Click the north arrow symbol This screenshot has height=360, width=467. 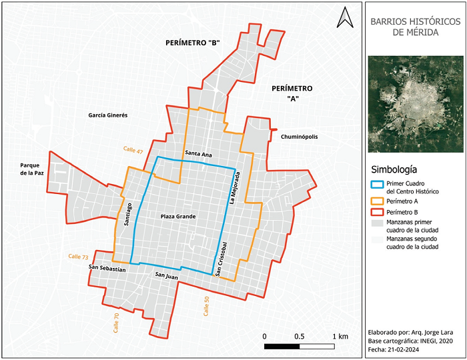(345, 17)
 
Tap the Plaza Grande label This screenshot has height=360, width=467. (178, 217)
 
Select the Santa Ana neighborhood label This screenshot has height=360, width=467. (199, 155)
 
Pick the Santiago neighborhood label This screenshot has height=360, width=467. (129, 215)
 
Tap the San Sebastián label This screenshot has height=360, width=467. (107, 268)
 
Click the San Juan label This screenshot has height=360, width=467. (167, 274)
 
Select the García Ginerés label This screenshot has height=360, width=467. (107, 115)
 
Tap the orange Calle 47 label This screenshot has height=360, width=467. (133, 150)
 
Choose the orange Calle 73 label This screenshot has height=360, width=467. (79, 257)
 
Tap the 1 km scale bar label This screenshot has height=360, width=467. (339, 336)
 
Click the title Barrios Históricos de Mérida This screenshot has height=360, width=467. (414, 26)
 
